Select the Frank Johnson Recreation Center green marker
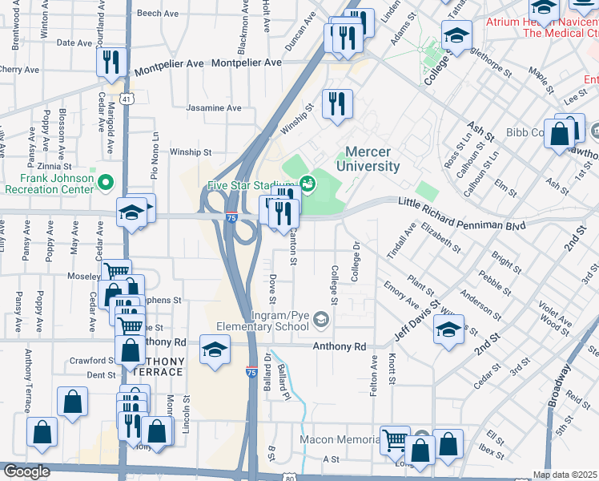(x=104, y=184)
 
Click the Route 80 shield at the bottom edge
(x=289, y=476)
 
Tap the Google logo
(x=26, y=471)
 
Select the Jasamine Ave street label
(x=213, y=108)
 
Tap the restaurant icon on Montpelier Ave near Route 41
(x=111, y=62)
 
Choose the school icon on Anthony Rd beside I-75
(x=215, y=349)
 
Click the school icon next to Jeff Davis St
(x=448, y=328)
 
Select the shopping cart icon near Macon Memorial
(x=394, y=439)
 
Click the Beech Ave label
(x=158, y=14)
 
